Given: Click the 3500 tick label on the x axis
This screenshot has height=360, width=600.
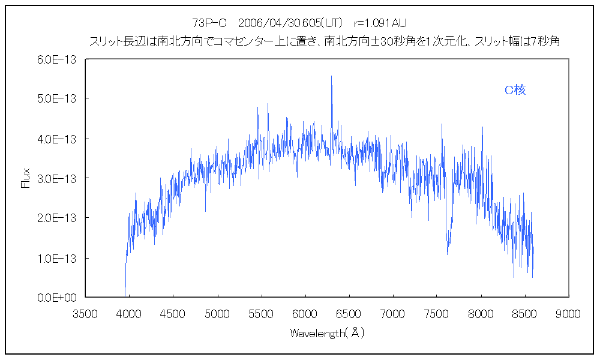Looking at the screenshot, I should click(85, 313).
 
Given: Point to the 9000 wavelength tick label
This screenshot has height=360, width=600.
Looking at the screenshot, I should click(568, 313).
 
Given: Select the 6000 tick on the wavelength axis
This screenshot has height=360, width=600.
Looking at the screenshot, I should click(305, 313).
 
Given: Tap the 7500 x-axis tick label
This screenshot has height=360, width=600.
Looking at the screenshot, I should click(437, 313).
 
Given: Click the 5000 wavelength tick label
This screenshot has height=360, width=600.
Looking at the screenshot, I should click(217, 313).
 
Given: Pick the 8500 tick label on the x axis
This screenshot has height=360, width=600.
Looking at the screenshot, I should click(524, 313).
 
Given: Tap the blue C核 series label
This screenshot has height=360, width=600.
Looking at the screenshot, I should click(515, 90).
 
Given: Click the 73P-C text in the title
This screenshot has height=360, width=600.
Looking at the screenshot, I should click(209, 23).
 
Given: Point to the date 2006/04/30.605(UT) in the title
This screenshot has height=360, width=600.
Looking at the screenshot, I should click(290, 23).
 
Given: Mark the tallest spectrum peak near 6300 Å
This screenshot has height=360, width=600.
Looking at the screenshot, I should click(331, 77).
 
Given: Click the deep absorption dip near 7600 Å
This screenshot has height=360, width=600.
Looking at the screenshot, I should click(448, 252).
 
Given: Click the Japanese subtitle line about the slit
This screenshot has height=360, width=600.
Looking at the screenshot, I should click(324, 41).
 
